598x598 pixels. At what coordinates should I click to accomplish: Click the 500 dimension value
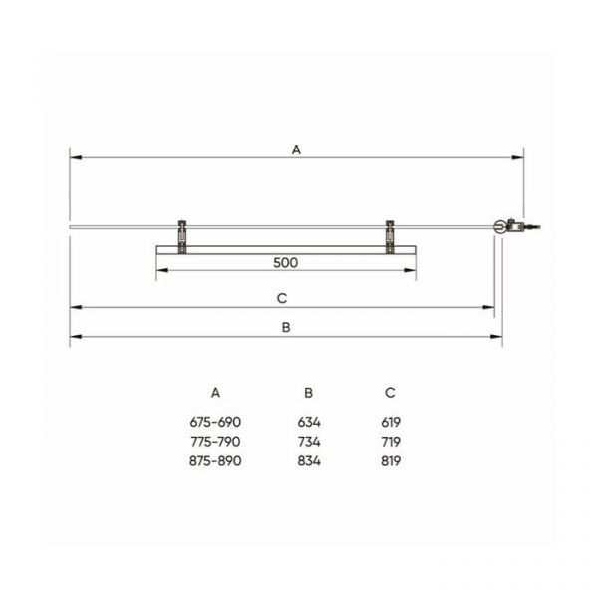pyautogui.click(x=286, y=263)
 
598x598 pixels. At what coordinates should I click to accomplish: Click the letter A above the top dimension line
pyautogui.click(x=296, y=149)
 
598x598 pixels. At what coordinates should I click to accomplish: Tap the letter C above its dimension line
pyautogui.click(x=282, y=298)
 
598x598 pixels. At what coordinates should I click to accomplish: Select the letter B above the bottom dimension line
pyautogui.click(x=286, y=327)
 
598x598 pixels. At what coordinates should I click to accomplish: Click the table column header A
pyautogui.click(x=215, y=393)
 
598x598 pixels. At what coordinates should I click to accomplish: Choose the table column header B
pyautogui.click(x=309, y=393)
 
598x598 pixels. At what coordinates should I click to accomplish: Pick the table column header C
pyautogui.click(x=390, y=393)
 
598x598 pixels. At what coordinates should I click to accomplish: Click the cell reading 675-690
pyautogui.click(x=215, y=422)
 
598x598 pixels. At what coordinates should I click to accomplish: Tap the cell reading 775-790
pyautogui.click(x=215, y=442)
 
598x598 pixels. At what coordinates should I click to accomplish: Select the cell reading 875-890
pyautogui.click(x=215, y=461)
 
